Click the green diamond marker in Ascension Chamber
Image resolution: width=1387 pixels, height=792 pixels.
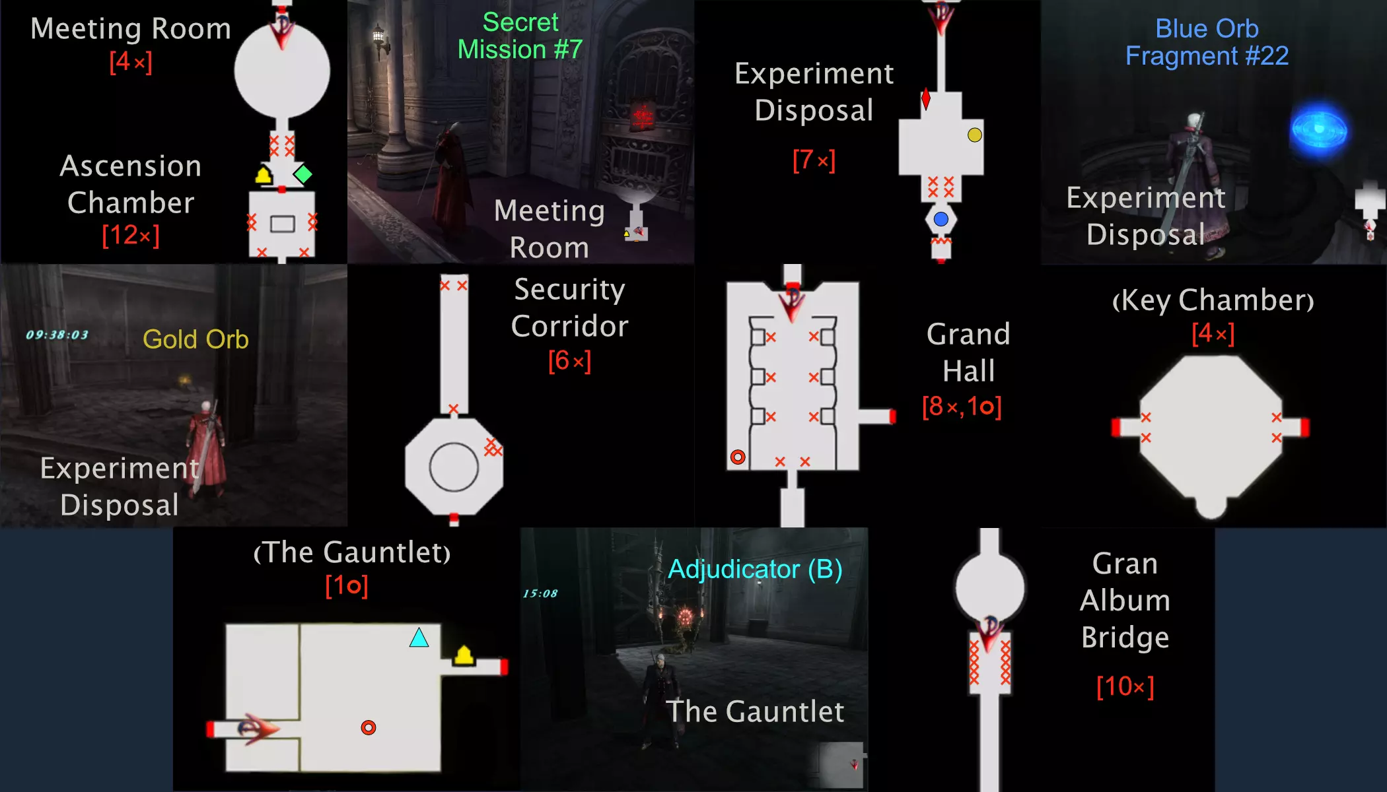click(x=302, y=174)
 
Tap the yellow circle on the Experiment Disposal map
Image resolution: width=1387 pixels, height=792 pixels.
click(x=974, y=135)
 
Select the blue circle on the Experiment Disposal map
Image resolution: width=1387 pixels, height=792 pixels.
click(x=941, y=219)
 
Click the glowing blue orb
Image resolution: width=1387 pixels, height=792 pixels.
click(x=1318, y=130)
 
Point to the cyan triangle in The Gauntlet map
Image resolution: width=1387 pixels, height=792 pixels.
click(x=419, y=638)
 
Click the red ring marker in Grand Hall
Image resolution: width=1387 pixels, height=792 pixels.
click(x=738, y=457)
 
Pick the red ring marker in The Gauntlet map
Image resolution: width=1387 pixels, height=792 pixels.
click(x=369, y=727)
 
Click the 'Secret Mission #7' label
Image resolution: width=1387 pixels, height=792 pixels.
click(x=520, y=36)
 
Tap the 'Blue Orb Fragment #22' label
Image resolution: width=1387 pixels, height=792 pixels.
click(x=1207, y=42)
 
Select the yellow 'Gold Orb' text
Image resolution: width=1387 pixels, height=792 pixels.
click(x=196, y=339)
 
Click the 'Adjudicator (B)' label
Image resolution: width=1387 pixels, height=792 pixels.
click(x=755, y=569)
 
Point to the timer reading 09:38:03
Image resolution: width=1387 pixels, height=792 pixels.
click(x=57, y=335)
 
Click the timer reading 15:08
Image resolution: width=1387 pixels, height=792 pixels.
click(x=540, y=593)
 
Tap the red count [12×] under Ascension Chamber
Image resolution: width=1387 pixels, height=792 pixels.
click(x=131, y=235)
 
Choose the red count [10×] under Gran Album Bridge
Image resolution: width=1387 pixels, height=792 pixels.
click(x=1125, y=686)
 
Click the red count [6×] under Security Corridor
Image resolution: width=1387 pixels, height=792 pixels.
click(x=569, y=360)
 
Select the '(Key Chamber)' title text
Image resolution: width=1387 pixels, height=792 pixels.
click(x=1213, y=300)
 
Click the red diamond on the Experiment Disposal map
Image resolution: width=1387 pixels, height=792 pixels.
click(x=926, y=99)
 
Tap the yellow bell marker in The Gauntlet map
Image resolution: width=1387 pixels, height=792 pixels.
click(x=464, y=655)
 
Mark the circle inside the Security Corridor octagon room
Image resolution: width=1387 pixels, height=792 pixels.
click(x=454, y=444)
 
